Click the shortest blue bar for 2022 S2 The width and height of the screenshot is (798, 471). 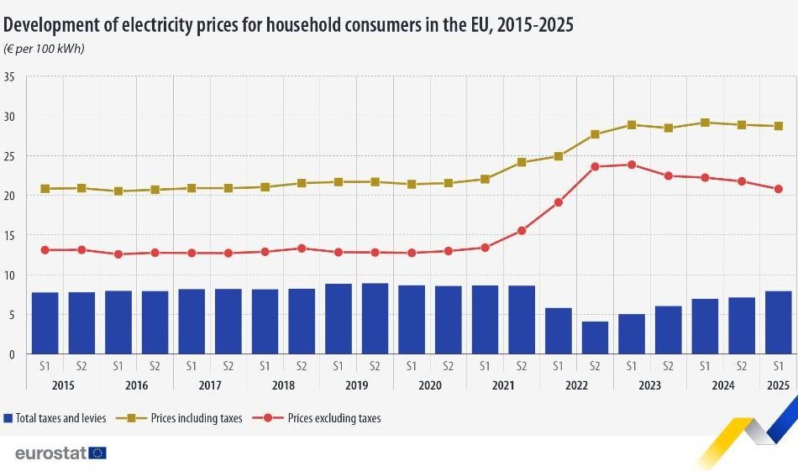coord(595,338)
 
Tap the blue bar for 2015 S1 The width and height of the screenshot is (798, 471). coord(45,323)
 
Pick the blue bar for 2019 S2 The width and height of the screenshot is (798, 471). coord(375,318)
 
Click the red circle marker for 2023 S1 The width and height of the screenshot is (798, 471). coord(632,165)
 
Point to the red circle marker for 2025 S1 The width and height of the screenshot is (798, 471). coord(779,189)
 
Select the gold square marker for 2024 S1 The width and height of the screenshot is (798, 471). coord(706,123)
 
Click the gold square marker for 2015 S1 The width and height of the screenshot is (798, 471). coord(45,189)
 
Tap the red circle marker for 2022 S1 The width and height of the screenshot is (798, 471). coord(559,202)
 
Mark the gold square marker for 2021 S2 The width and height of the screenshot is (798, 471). coord(522,162)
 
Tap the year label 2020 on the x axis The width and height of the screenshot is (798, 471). coord(429,385)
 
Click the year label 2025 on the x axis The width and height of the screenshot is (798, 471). coord(779,385)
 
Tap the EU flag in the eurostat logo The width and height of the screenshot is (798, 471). coord(97,453)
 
